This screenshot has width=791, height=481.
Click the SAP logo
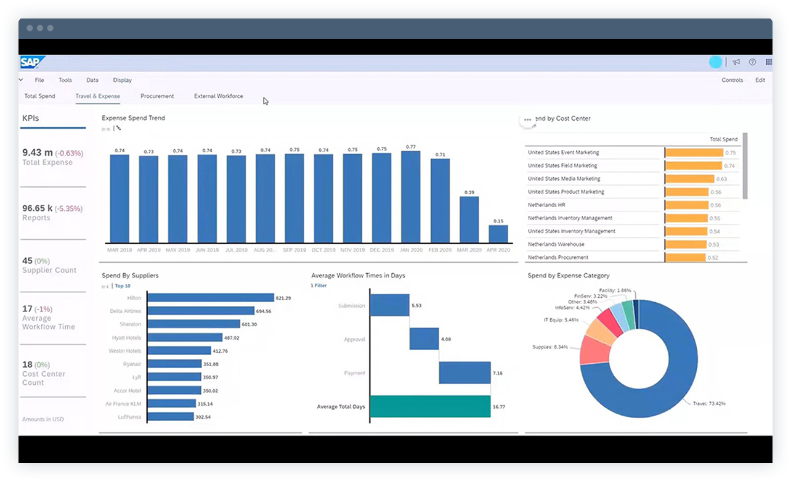(x=30, y=62)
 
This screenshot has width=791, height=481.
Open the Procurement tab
(x=157, y=96)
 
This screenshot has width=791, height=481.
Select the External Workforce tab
(x=218, y=96)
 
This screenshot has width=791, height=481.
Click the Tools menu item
(x=65, y=80)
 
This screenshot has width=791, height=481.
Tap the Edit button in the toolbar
(x=760, y=80)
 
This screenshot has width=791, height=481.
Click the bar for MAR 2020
(x=469, y=220)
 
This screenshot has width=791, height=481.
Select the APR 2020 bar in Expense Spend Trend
(x=498, y=234)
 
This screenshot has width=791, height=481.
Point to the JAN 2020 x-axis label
(x=411, y=250)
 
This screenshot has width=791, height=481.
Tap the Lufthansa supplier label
(x=129, y=417)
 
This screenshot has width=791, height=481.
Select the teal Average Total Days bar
(x=430, y=407)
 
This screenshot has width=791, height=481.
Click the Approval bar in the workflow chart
(x=424, y=339)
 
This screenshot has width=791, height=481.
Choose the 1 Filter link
(x=318, y=286)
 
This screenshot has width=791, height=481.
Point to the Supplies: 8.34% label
(x=550, y=347)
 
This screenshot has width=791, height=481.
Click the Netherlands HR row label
(x=546, y=205)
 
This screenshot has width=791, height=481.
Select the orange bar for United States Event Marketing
(x=694, y=152)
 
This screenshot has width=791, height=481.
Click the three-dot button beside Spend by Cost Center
(x=527, y=120)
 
